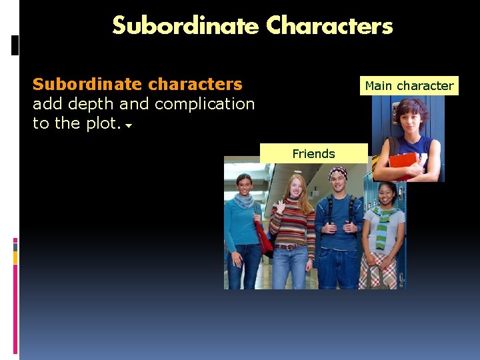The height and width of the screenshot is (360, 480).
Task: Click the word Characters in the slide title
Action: (329, 26)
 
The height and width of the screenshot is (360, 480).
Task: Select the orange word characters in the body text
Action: (197, 84)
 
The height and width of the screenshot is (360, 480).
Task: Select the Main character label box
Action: (409, 85)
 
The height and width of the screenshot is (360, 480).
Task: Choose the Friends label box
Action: (313, 153)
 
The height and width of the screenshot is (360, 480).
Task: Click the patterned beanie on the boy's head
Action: (339, 173)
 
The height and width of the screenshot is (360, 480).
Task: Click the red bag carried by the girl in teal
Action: (262, 237)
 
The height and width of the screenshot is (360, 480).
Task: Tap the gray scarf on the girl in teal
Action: (244, 199)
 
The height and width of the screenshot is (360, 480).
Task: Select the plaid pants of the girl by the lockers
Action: (377, 272)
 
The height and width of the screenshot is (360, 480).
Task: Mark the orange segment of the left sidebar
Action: (15, 258)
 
